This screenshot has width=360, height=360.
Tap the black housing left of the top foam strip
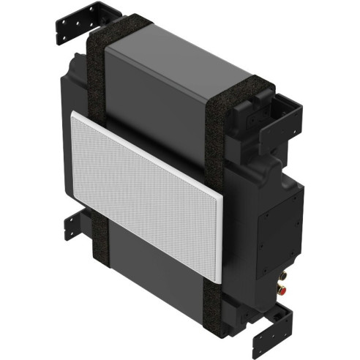(x=77, y=73)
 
